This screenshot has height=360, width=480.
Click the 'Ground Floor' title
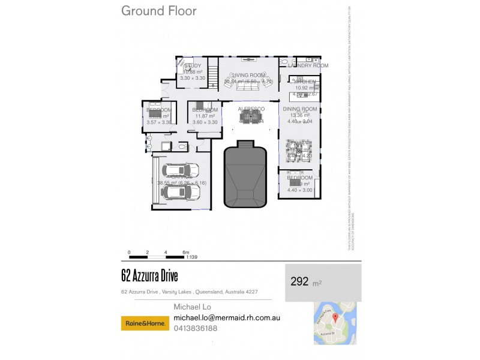click(158, 11)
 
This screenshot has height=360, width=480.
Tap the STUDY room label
click(193, 65)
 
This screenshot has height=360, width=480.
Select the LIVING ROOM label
click(248, 74)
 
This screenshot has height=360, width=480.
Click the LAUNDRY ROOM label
click(308, 65)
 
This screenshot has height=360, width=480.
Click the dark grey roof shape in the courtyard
click(245, 174)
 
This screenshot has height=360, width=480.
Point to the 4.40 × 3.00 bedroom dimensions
click(299, 190)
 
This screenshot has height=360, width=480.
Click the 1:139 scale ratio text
click(193, 257)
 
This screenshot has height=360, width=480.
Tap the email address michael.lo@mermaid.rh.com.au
click(227, 317)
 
